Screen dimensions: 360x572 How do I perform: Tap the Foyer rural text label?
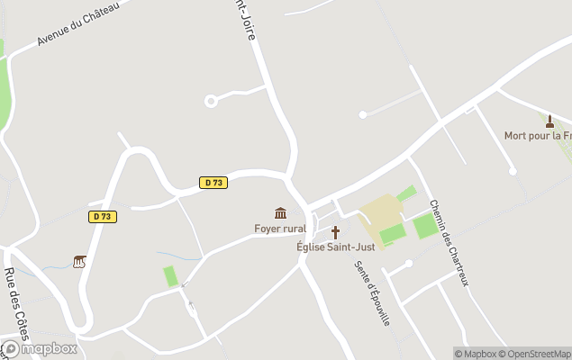tap(279, 229)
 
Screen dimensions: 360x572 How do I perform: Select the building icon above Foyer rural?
tap(280, 213)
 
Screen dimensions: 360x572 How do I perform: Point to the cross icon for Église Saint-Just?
tap(335, 232)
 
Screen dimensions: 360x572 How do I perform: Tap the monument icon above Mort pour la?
tap(549, 121)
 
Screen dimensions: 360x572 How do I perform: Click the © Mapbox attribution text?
tap(476, 354)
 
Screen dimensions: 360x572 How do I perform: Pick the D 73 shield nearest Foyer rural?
tap(213, 183)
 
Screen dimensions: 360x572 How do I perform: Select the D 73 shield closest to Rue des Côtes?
tap(103, 216)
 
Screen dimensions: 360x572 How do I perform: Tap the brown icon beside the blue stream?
tap(80, 262)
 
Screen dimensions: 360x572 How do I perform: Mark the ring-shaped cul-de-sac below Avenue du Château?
tap(211, 101)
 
